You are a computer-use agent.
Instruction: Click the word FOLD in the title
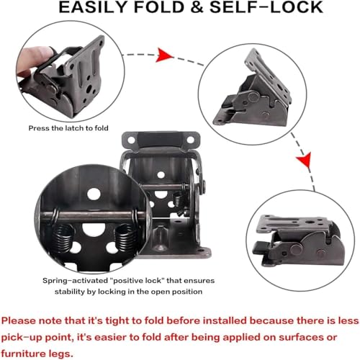pyautogui.click(x=158, y=7)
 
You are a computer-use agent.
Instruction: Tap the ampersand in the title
pyautogui.click(x=197, y=7)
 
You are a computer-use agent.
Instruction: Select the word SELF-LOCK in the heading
pyautogui.click(x=266, y=7)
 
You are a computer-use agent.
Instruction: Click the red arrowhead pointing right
pyautogui.click(x=164, y=55)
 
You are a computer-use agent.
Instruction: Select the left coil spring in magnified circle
pyautogui.click(x=63, y=239)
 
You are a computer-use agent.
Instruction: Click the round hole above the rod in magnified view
pyautogui.click(x=94, y=194)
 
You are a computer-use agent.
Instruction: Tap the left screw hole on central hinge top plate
pyautogui.click(x=131, y=140)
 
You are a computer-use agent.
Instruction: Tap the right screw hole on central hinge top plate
pyautogui.click(x=190, y=140)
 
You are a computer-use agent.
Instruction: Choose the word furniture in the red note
pyautogui.click(x=26, y=354)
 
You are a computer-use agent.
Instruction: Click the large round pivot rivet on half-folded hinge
pyautogui.click(x=253, y=96)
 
